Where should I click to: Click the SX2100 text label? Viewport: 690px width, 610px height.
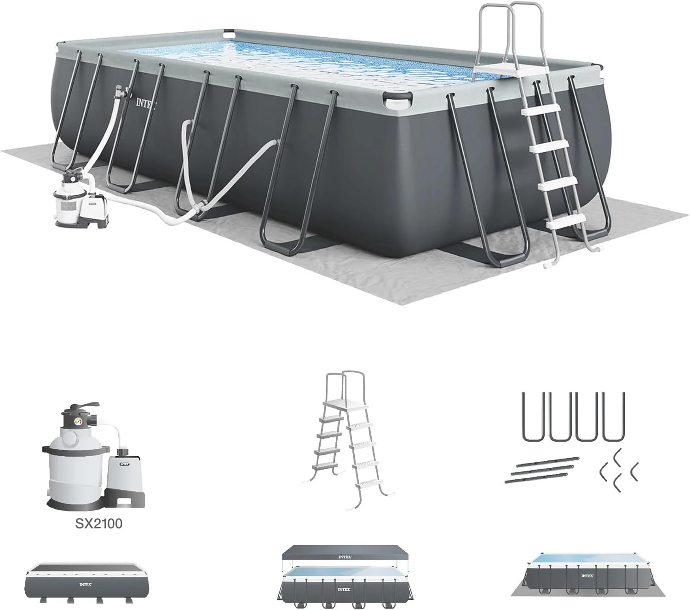(99, 523)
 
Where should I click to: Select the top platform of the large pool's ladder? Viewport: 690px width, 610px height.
(494, 70)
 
